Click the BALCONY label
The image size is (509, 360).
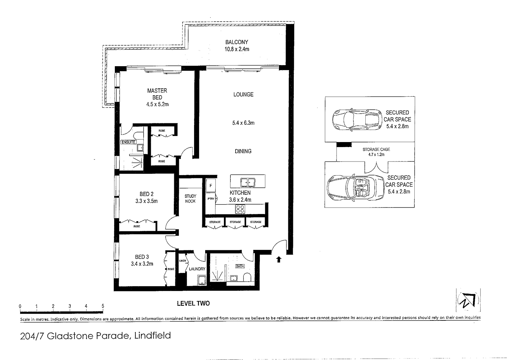[x=237, y=42]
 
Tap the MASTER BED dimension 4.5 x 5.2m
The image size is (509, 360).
[x=157, y=105]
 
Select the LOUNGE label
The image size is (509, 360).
[x=243, y=95]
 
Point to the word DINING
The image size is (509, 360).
[x=243, y=151]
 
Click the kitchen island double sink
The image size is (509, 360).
[x=248, y=182]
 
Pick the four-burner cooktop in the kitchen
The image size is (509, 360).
[x=240, y=209]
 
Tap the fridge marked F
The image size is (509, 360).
[x=211, y=186]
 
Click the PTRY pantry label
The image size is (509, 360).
[x=211, y=199]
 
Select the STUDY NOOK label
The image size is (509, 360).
[x=190, y=199]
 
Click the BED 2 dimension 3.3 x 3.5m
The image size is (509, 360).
[x=147, y=201]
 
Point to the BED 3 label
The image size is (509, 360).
[x=142, y=257]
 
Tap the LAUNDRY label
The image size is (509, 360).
[x=197, y=269]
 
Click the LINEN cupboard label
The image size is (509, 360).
[x=182, y=261]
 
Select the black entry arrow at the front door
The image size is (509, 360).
[x=278, y=259]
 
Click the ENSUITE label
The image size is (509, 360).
[x=128, y=142]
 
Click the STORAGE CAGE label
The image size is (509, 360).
[x=376, y=149]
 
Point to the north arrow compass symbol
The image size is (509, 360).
[x=468, y=300]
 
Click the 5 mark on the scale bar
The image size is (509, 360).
[x=103, y=306]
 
